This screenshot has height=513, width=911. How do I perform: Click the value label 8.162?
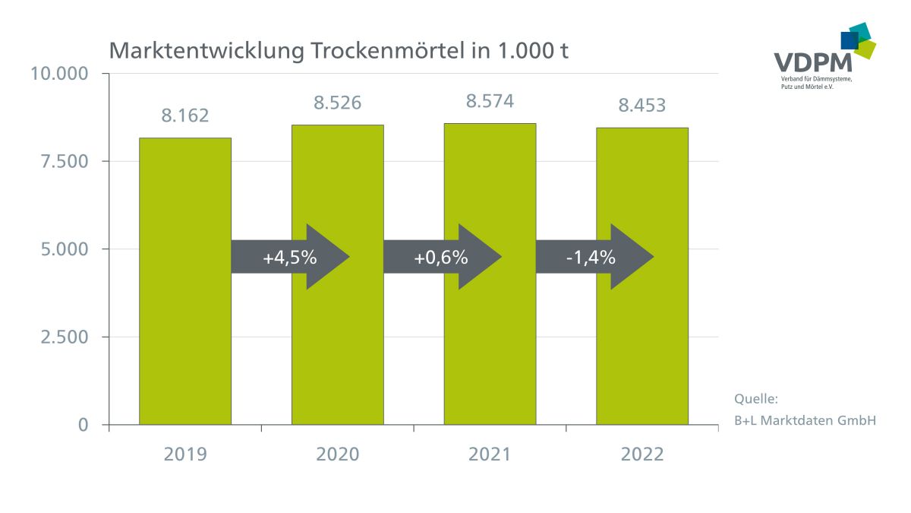pos(184,116)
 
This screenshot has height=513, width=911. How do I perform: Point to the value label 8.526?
pos(338,103)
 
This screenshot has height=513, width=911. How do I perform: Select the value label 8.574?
pos(490,101)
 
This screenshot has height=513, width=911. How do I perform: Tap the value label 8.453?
pos(642,106)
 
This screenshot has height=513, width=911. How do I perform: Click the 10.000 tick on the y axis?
pos(59,74)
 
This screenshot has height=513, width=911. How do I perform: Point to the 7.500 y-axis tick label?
pos(64,161)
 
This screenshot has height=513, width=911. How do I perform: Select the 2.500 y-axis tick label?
pos(64,337)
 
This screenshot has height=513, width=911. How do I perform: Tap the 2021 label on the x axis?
pos(490,454)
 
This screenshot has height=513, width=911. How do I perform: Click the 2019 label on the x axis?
pos(185,454)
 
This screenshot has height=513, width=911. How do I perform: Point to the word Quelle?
pos(756,399)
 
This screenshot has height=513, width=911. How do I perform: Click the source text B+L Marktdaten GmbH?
pos(805,420)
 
